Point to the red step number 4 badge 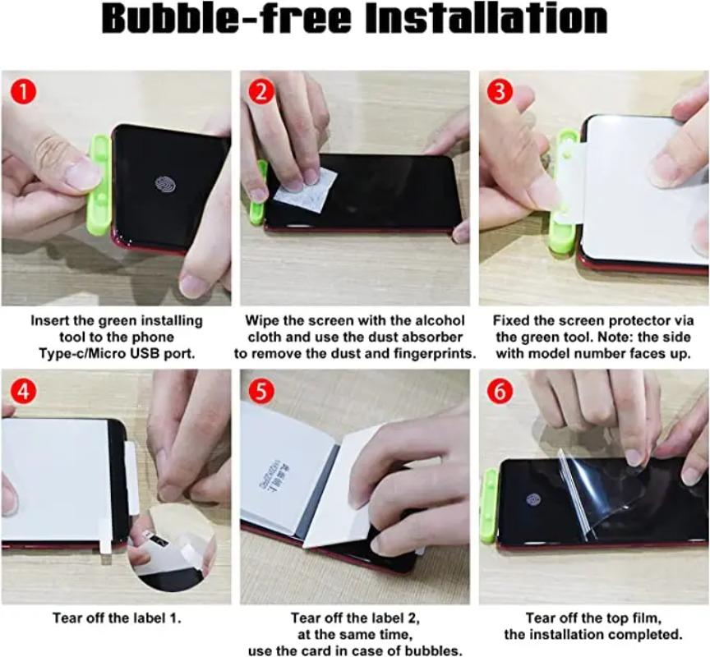pos(23,391)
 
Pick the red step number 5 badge pos(261,391)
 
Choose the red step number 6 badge pos(500,391)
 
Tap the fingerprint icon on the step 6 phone pos(534,500)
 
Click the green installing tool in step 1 pos(99,186)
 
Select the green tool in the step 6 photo pos(490,506)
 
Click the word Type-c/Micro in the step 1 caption pos(82,353)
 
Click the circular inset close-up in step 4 pos(173,549)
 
